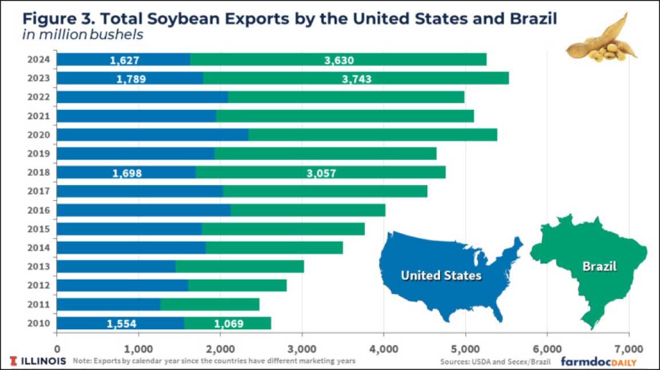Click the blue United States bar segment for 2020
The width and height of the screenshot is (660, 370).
(x=152, y=135)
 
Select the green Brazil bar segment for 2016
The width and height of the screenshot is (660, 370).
(x=308, y=210)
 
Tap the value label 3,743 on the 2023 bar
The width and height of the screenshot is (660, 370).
(x=352, y=79)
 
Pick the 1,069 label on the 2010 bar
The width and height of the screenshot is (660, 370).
(x=229, y=324)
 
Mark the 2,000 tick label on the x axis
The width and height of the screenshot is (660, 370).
(x=221, y=348)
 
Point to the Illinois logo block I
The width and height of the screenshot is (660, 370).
(x=13, y=361)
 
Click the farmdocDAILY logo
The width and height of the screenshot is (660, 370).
(x=599, y=361)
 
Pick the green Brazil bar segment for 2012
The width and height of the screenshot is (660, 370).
(x=237, y=285)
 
